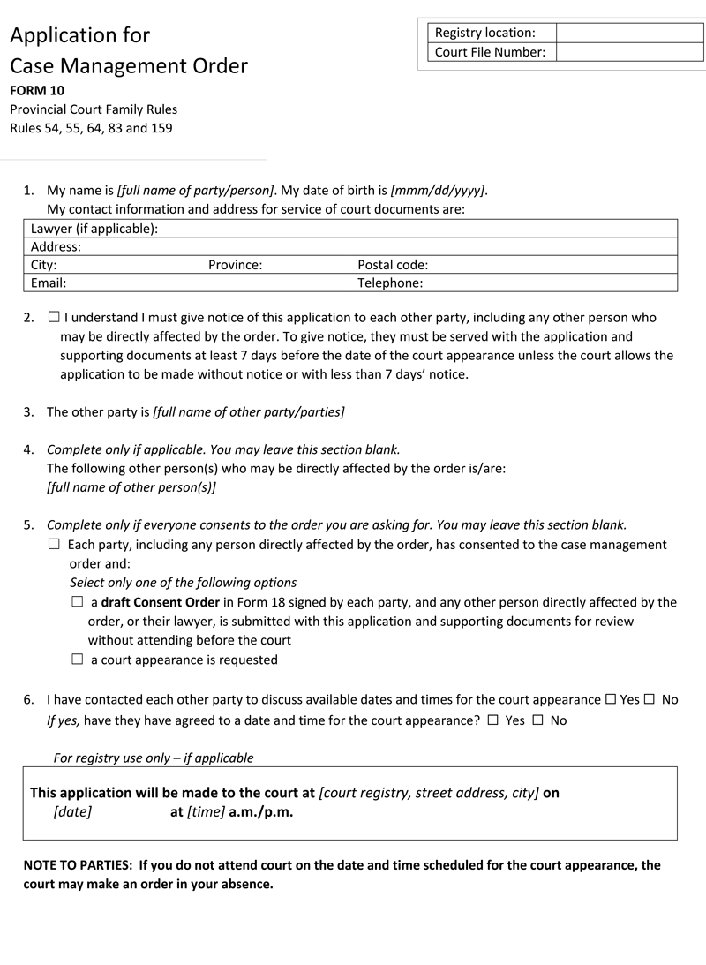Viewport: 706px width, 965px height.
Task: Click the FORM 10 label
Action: [37, 90]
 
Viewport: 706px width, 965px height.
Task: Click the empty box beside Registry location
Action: [629, 33]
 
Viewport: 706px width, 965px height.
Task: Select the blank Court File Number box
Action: [629, 52]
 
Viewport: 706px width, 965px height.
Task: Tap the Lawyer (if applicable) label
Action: [94, 229]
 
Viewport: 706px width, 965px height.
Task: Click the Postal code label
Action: [393, 265]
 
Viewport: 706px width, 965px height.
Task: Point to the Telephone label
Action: [390, 283]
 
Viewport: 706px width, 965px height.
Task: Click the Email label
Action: [49, 283]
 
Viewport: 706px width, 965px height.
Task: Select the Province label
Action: [235, 265]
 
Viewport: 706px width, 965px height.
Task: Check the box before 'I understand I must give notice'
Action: [54, 317]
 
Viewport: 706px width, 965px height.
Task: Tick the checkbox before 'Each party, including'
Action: [54, 545]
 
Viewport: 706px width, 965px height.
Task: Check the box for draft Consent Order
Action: [77, 602]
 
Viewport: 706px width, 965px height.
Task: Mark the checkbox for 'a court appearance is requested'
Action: [77, 660]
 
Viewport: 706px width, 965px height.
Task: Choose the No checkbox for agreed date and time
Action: [537, 720]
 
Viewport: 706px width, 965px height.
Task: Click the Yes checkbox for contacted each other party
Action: [611, 699]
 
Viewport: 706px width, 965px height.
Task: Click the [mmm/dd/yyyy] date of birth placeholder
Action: [437, 190]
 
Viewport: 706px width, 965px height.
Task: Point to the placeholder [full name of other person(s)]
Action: [131, 487]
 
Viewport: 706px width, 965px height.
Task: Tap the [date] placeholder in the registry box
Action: [72, 812]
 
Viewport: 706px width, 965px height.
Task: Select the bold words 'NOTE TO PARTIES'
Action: [78, 865]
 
